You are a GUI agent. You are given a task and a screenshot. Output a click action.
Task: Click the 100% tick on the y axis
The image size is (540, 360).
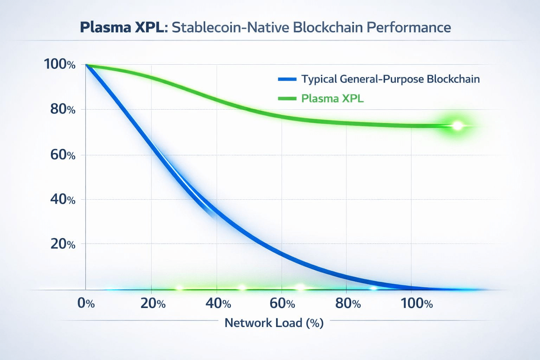coord(59,64)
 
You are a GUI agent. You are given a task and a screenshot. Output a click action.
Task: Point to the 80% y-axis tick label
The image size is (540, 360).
coord(63,109)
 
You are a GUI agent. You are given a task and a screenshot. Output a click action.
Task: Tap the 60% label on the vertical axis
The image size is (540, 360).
coord(63,155)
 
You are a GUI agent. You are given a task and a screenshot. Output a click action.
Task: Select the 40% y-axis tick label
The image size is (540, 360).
coord(63,199)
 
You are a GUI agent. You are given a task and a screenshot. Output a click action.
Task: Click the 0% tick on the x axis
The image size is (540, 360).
coord(86,303)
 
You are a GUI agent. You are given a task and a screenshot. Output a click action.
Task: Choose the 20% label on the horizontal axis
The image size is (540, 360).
coord(153,303)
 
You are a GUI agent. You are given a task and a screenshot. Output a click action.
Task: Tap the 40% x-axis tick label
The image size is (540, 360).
coord(218,303)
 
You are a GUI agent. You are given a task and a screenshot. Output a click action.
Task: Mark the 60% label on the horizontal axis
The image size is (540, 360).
coord(282,303)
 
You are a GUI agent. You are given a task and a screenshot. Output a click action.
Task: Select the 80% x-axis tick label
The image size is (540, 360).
coord(348,303)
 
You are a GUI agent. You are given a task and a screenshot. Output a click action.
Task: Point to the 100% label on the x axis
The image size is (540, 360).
coord(417,303)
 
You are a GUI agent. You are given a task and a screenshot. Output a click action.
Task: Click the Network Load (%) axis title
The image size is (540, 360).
coord(274,323)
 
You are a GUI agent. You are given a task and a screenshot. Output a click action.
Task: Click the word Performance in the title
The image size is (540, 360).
coord(409,27)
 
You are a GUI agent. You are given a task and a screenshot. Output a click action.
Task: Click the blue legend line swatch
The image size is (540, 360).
coord(287,79)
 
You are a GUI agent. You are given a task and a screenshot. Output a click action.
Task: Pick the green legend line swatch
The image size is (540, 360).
coord(287,98)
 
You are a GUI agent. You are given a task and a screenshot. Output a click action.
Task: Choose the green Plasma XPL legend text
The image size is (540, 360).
coord(332,98)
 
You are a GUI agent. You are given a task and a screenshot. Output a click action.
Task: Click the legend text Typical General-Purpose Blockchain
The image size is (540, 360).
coord(390,79)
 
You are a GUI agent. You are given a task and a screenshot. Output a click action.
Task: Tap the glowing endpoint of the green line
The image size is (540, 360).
coord(457,126)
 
